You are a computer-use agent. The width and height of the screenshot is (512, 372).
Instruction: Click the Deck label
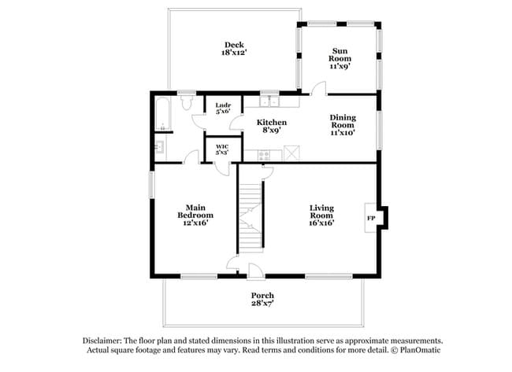coord(232,44)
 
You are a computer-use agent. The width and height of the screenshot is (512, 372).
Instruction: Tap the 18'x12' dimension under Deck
coord(232,53)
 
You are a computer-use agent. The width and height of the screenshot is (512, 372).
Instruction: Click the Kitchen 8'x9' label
coord(272,127)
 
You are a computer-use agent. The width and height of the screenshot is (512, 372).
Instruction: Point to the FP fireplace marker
coord(370,216)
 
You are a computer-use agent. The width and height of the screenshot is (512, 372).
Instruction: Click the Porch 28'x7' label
coord(262,299)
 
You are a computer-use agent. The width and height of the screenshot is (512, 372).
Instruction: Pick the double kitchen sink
coord(271,100)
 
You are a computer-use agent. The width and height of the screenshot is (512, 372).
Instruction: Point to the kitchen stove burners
coord(264,155)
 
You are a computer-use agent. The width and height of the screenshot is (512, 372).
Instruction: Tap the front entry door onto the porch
coord(256,272)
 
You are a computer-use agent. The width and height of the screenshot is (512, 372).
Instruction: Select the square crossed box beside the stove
coord(292,153)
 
